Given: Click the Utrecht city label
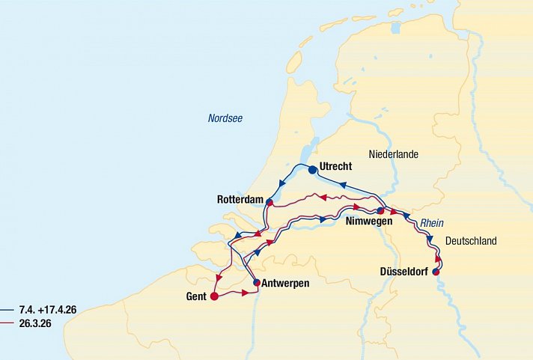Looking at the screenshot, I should point(335,166).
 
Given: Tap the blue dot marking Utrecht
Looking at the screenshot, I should point(312,169).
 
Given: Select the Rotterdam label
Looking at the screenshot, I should point(240,200).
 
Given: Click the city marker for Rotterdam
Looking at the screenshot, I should point(269,202).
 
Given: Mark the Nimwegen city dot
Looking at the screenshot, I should point(380,211).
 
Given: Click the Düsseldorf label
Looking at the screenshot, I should point(400,272).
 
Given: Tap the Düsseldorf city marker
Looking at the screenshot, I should point(436,272).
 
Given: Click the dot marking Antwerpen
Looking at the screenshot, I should point(256,283).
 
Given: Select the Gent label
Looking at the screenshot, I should point(196,296).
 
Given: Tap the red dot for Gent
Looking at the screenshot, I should point(214,296).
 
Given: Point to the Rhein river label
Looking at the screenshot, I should point(432,223).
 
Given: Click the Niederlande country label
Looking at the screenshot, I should point(393,154).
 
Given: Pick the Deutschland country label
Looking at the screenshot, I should point(470,240).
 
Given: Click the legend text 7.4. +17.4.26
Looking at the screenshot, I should point(47,309).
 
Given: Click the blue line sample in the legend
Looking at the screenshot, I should point(7,309).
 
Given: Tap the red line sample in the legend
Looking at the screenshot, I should point(7,323).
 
